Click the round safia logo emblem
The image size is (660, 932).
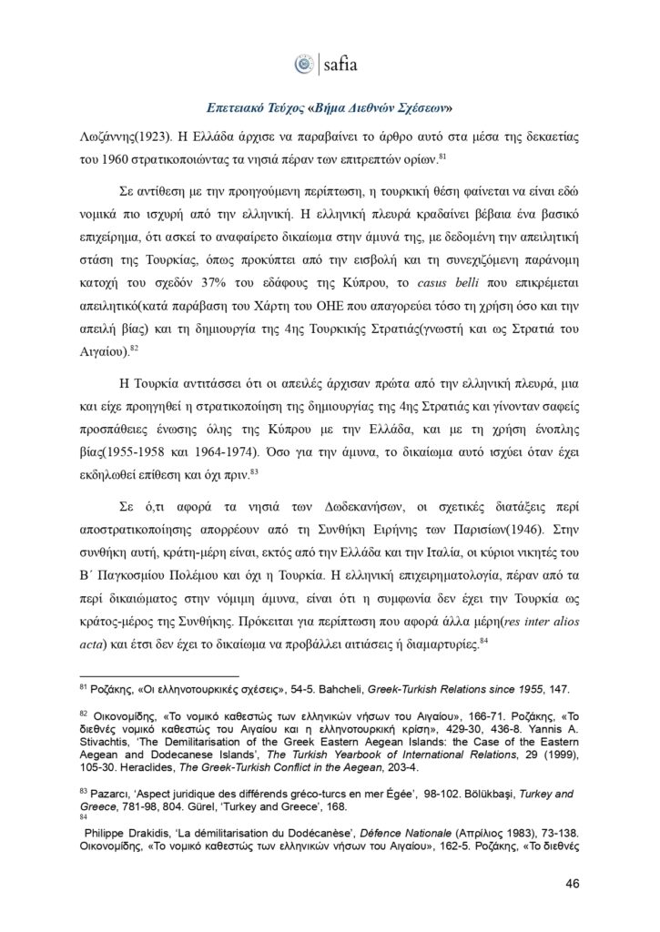click(303, 64)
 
